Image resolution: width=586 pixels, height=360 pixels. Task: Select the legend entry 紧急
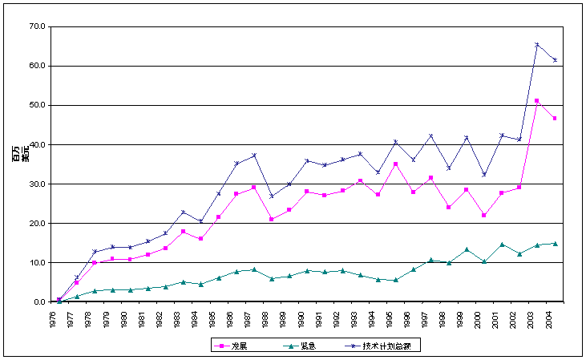pos(307,345)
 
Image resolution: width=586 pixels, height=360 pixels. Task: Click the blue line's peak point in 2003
pos(536,44)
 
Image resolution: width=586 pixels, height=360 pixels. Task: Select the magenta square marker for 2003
pos(536,101)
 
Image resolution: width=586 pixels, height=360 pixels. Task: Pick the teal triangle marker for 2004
pos(554,243)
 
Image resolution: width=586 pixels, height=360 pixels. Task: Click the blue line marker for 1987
pos(254,155)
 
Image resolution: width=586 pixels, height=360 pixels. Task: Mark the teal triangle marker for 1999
pos(466,249)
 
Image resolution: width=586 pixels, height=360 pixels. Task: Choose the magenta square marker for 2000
pos(483,215)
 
